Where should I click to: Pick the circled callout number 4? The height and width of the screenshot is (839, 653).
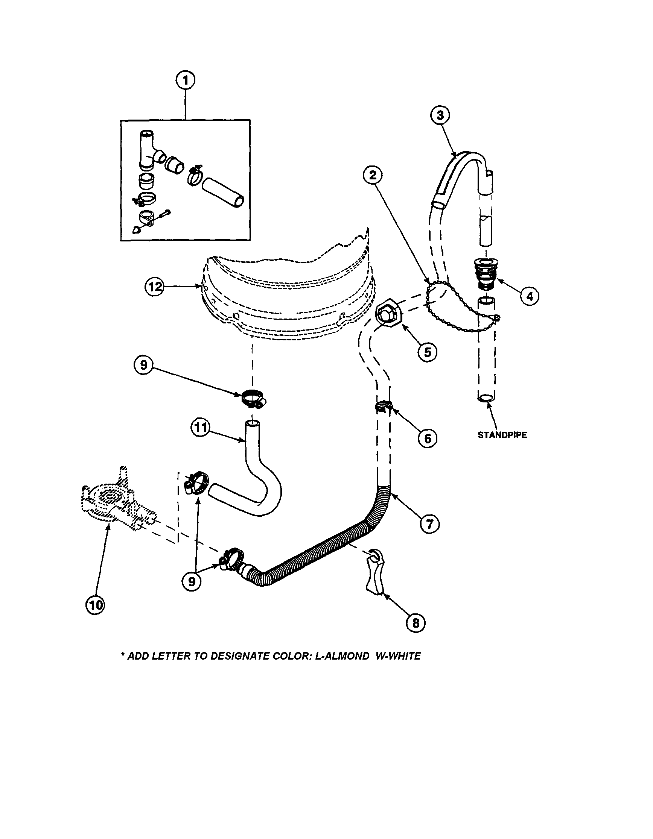click(x=530, y=296)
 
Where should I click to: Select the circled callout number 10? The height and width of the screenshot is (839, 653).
click(x=94, y=605)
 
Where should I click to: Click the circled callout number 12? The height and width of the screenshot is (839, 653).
click(x=154, y=287)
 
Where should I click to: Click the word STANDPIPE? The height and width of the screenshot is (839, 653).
click(x=502, y=435)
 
